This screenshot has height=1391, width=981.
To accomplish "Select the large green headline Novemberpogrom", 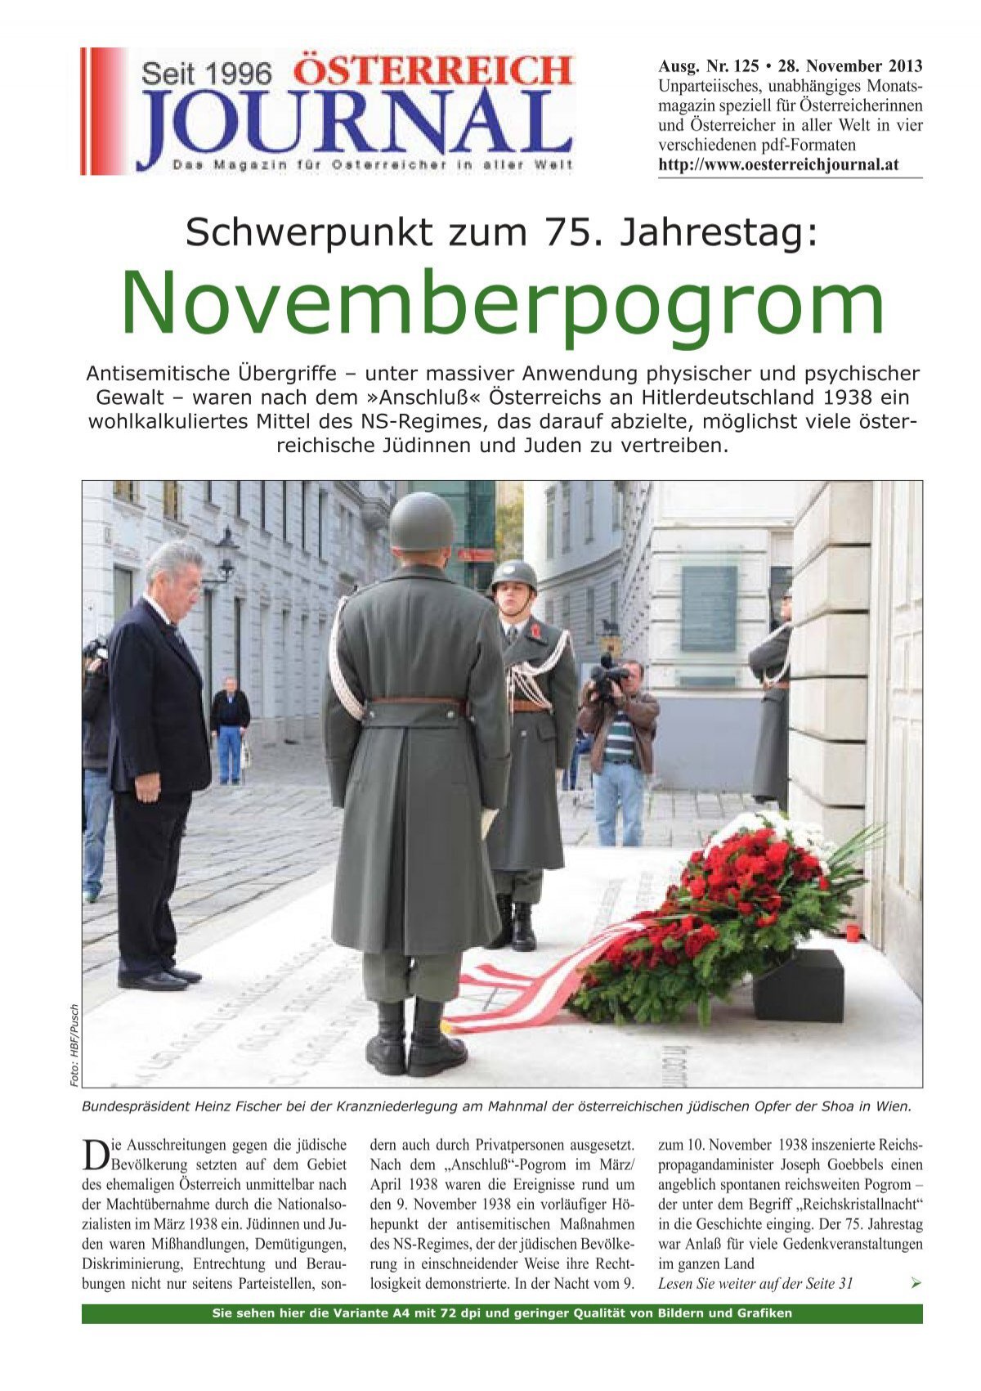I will [502, 304].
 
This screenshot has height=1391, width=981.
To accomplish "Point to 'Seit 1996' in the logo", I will [206, 74].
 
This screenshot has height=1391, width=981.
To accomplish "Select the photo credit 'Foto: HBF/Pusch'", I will [74, 1044].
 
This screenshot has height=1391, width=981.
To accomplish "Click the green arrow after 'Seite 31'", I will [915, 1284].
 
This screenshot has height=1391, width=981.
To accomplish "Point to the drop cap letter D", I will [94, 1155].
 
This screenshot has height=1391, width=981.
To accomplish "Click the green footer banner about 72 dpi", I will [502, 1314].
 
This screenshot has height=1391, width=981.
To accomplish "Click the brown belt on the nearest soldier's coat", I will [414, 702].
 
